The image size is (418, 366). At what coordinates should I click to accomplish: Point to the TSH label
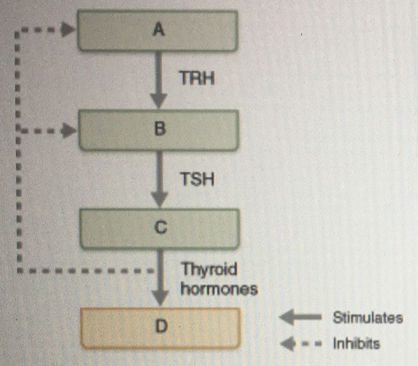click(197, 179)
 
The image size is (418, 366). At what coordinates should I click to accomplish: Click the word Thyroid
click(209, 270)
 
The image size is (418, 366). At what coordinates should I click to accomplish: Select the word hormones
click(219, 289)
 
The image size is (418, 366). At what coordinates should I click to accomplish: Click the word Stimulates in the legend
click(367, 318)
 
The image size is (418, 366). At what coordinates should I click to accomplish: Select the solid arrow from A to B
click(159, 80)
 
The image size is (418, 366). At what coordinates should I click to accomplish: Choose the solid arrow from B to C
click(160, 180)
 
